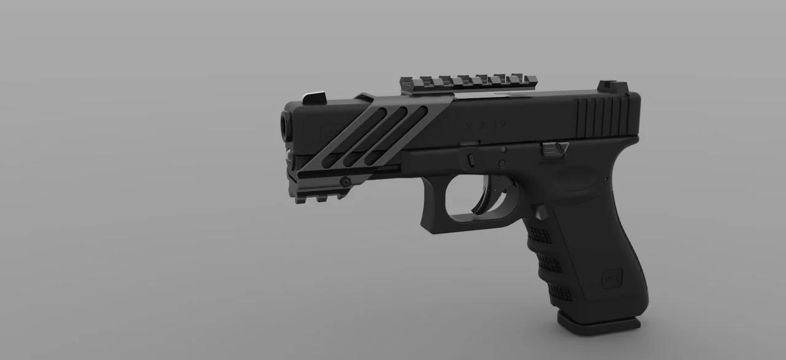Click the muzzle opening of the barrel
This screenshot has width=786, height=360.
[285, 125]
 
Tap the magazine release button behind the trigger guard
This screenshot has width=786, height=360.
[542, 212]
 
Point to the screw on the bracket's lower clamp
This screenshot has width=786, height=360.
[345, 181]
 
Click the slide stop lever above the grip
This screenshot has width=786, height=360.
[554, 147]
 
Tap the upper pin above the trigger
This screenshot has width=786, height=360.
[504, 149]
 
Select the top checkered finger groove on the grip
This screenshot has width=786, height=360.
[538, 234]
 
